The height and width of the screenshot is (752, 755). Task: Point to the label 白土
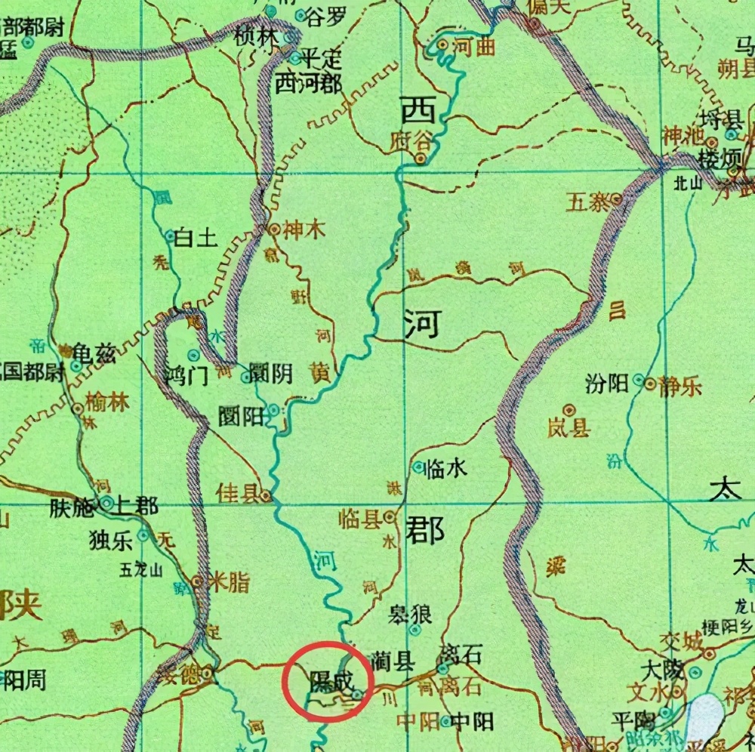point(196,239)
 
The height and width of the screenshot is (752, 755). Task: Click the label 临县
point(359,519)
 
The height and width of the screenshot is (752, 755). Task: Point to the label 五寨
point(588,202)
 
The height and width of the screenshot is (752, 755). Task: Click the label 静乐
point(679,386)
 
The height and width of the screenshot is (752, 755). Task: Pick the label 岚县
point(569,429)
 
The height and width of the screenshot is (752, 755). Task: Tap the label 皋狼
point(409,614)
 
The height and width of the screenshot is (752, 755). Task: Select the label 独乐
point(110,539)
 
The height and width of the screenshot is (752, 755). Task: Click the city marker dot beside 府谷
point(421,159)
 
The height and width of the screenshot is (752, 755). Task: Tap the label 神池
point(682,140)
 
